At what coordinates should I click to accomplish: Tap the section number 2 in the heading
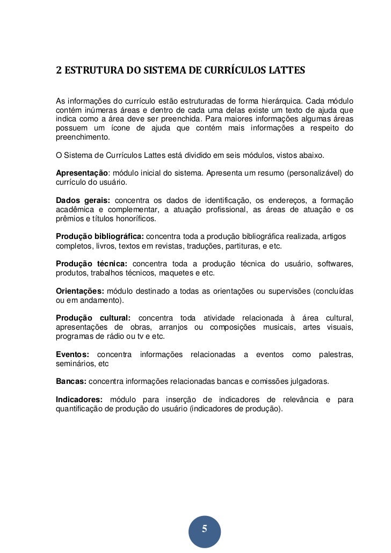point(59,70)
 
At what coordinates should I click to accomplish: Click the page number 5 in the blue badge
point(204,529)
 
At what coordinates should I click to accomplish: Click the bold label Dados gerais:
point(83,200)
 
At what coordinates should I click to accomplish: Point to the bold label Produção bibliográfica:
point(100,236)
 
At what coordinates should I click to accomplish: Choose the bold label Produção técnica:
point(92,264)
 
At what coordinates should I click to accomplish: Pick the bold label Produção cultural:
point(93,318)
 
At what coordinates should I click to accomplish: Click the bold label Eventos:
point(73,354)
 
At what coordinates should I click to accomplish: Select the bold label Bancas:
point(71,381)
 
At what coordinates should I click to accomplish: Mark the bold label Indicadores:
point(79,400)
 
